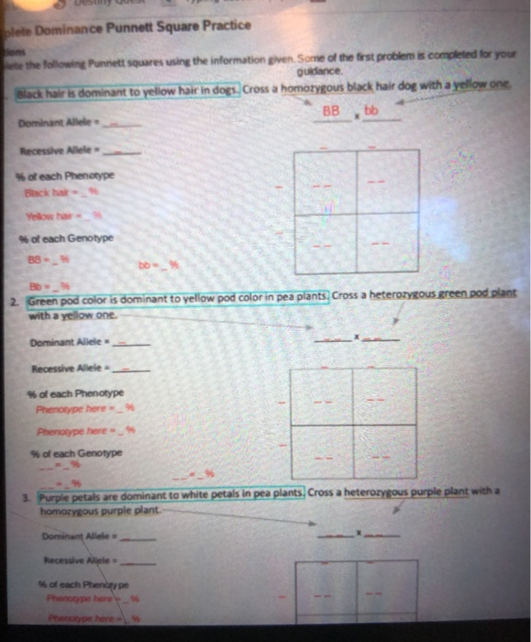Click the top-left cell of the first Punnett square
(x=325, y=182)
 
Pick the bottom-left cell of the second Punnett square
(x=324, y=455)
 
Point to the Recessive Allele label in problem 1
(x=50, y=147)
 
